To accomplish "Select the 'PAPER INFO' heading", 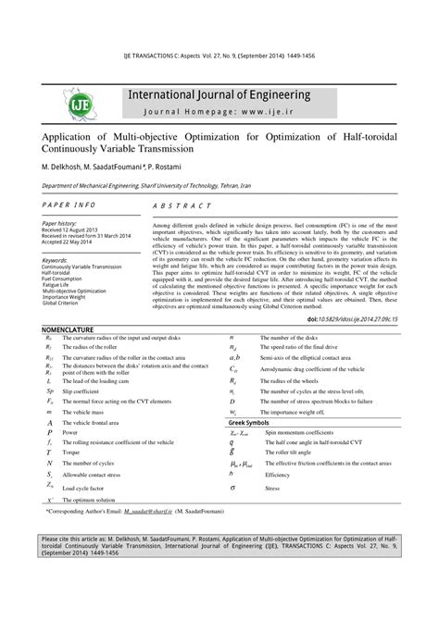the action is pos(70,203).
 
